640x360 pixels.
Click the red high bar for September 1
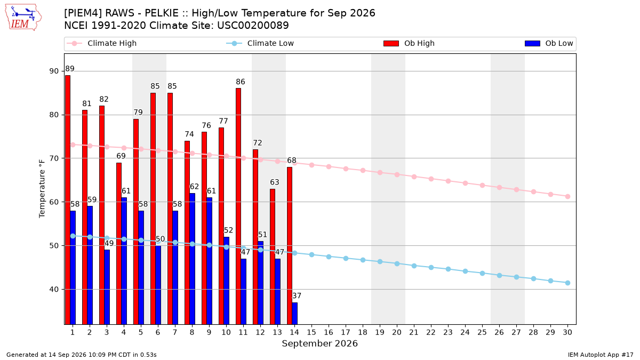(68, 199)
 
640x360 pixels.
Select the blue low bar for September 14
(295, 314)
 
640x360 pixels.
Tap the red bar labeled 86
(238, 206)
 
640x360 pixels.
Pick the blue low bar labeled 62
(193, 259)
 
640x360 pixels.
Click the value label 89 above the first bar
(70, 69)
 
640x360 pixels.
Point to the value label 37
(297, 295)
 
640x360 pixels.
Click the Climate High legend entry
(102, 43)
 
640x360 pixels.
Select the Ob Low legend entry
(549, 43)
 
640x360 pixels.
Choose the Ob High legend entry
(409, 43)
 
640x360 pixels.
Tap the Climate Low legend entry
(260, 43)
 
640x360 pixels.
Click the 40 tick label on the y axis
(54, 290)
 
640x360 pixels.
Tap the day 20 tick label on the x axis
(397, 332)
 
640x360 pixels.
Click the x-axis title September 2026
(319, 343)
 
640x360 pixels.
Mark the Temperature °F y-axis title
(42, 189)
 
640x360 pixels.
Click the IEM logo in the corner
(23, 17)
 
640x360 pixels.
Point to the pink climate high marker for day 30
(567, 197)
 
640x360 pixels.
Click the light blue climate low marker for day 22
(431, 267)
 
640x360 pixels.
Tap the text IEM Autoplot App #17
(601, 355)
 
